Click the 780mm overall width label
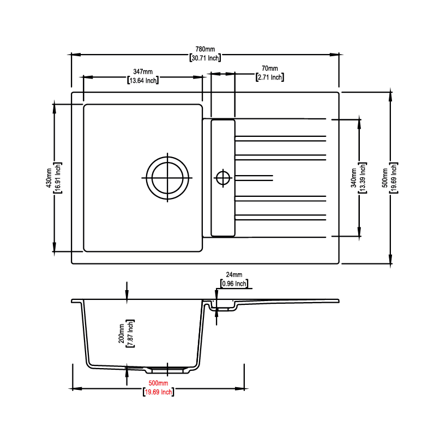(205, 49)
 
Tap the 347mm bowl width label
(143, 71)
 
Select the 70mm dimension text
(270, 68)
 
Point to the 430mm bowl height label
(49, 178)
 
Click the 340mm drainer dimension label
(353, 178)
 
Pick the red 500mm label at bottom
(158, 383)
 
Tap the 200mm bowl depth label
(122, 333)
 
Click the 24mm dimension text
(234, 275)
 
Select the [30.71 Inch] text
(205, 58)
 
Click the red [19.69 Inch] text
(159, 392)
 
